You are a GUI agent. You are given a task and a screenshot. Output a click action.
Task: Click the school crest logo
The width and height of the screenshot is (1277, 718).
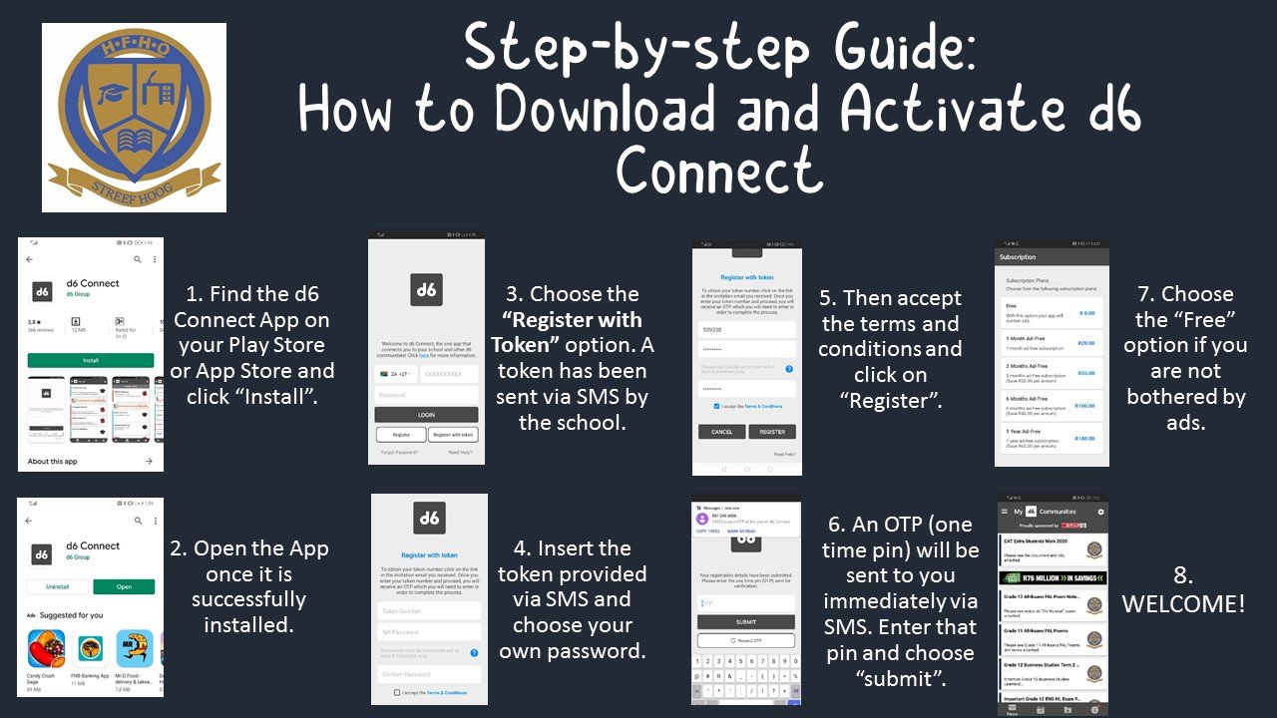point(134,117)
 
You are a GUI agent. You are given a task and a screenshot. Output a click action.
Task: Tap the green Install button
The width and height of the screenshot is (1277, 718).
point(91,360)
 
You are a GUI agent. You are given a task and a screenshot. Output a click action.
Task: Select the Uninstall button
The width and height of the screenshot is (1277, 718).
point(58,587)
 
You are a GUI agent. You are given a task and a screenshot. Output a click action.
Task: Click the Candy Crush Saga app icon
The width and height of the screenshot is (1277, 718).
point(46,648)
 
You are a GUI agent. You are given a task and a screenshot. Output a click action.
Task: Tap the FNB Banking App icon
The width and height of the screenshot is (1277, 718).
point(91,648)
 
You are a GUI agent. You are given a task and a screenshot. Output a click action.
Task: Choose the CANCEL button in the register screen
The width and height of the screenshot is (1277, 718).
point(721,432)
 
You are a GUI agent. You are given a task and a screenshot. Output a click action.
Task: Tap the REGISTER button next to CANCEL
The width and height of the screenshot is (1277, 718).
point(772,432)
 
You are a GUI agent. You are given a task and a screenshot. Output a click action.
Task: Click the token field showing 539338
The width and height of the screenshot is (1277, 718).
point(746,329)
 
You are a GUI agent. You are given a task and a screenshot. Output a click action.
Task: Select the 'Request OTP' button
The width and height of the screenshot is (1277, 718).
point(745,640)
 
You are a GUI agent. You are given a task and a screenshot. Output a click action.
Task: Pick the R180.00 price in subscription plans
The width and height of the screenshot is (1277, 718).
point(1085,438)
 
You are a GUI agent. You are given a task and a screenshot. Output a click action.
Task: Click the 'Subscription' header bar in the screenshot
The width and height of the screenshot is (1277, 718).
point(1052,257)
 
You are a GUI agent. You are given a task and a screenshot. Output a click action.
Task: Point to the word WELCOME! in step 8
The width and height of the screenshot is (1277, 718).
point(1183,603)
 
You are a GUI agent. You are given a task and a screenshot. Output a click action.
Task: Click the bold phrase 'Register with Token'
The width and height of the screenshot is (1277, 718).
point(567,332)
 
